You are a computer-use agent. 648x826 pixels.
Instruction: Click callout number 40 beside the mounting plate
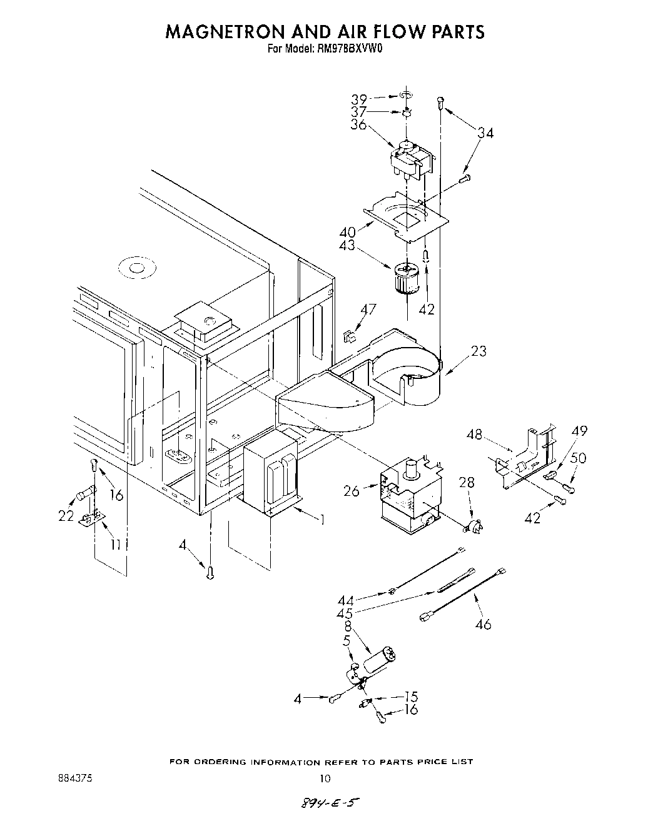point(348,232)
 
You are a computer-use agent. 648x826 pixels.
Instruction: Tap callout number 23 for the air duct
point(478,351)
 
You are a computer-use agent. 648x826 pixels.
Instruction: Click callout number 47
point(368,309)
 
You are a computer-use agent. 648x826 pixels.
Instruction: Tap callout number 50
point(579,458)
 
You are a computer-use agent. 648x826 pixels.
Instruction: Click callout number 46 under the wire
point(483,623)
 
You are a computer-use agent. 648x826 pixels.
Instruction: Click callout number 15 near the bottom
point(410,696)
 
